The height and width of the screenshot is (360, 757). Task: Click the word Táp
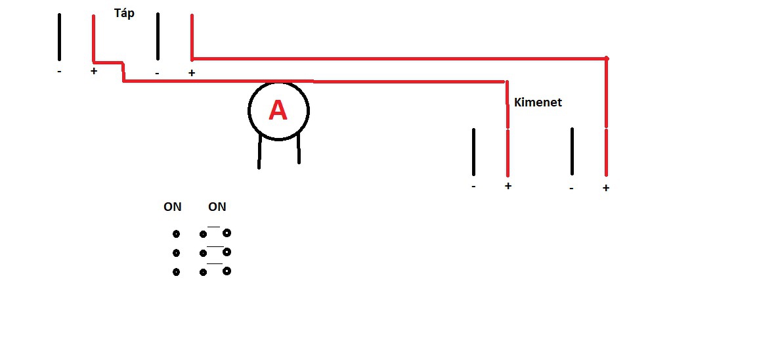[124, 13]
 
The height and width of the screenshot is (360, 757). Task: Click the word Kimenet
[538, 102]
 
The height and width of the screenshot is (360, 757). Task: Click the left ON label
[173, 207]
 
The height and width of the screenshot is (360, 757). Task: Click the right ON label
[217, 207]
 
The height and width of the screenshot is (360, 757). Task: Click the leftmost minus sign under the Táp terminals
[59, 72]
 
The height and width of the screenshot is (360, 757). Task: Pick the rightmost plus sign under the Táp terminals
[192, 73]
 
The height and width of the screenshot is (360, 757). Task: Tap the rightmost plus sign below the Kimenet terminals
[606, 188]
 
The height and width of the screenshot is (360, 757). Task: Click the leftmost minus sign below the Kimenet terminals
[473, 187]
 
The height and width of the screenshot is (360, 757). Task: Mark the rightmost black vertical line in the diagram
[572, 151]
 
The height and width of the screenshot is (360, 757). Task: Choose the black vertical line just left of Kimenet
[473, 151]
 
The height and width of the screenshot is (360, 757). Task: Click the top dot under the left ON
[176, 234]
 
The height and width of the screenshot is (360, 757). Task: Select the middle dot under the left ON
[176, 253]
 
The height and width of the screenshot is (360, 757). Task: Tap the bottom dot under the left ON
[176, 272]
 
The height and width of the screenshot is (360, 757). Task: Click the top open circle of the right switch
[227, 233]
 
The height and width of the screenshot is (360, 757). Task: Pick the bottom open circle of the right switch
[227, 270]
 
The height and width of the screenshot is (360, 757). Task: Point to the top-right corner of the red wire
[606, 58]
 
